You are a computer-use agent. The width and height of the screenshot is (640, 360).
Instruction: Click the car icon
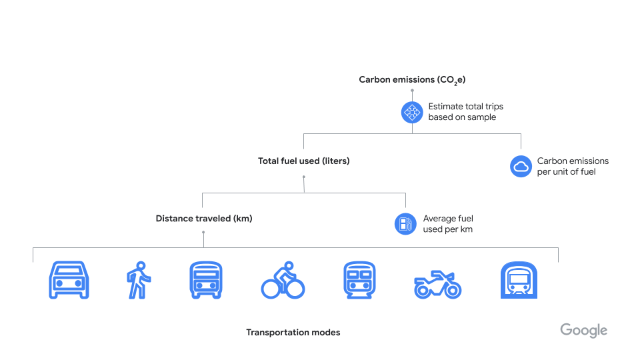click(69, 280)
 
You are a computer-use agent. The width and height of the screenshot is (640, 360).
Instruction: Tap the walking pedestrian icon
click(139, 280)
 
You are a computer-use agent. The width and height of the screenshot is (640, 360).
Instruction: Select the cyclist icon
click(283, 280)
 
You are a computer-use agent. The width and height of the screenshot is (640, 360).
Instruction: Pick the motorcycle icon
click(437, 284)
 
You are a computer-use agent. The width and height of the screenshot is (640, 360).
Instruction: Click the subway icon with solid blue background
click(519, 280)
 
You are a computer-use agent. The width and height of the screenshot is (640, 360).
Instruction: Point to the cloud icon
click(520, 167)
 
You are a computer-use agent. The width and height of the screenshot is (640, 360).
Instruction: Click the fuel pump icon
click(405, 224)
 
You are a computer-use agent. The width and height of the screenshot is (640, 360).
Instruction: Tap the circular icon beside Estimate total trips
click(412, 112)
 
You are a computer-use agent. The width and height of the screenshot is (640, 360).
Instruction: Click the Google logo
click(583, 331)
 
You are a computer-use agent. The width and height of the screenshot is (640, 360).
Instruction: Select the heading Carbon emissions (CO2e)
click(412, 80)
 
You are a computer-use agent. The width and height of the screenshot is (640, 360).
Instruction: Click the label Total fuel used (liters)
click(303, 161)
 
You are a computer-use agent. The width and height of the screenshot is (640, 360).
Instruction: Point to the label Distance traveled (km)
click(204, 219)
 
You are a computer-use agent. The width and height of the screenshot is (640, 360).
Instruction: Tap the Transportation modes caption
click(293, 333)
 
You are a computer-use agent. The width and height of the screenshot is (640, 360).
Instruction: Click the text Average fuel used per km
click(448, 224)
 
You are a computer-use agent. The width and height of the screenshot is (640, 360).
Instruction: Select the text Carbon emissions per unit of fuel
click(573, 167)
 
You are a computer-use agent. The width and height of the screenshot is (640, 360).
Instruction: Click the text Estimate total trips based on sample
click(465, 112)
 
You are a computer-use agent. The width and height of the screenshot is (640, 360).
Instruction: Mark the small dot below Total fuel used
click(303, 177)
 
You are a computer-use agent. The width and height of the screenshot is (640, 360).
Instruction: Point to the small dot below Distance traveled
click(203, 233)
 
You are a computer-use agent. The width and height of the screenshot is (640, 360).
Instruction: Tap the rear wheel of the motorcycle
click(423, 289)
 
